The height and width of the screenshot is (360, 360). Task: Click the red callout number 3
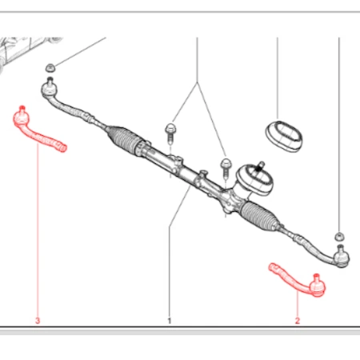(38, 320)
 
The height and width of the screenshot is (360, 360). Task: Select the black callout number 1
(170, 321)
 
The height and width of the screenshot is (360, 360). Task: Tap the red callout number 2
(298, 320)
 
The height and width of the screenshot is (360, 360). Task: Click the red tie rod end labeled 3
(38, 133)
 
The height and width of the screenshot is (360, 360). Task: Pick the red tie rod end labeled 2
(298, 282)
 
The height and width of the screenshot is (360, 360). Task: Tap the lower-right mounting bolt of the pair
(226, 167)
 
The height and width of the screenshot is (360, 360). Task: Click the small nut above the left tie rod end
(50, 68)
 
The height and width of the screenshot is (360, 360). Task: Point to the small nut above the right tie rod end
(339, 236)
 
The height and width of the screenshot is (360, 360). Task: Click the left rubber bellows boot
(123, 139)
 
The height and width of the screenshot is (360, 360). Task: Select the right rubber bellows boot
(258, 215)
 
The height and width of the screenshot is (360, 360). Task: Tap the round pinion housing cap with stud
(254, 178)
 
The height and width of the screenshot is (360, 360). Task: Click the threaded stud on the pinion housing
(259, 167)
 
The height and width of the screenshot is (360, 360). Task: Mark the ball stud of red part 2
(317, 278)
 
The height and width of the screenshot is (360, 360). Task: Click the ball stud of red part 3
(22, 109)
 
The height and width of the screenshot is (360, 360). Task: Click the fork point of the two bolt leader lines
(198, 82)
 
